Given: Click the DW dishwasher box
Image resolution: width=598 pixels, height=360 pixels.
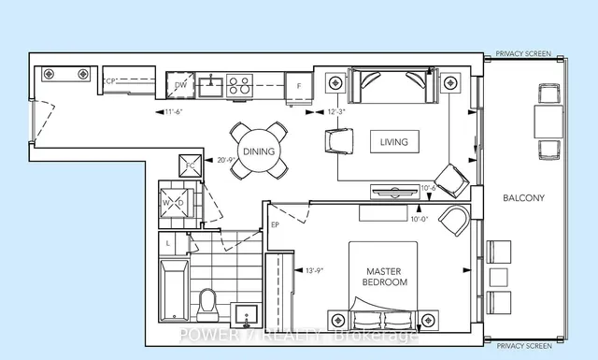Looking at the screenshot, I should click(x=181, y=86).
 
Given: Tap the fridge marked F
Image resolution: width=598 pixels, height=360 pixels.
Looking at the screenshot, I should click(x=299, y=86).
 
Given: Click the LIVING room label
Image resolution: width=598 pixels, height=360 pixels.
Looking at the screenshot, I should click(x=393, y=141).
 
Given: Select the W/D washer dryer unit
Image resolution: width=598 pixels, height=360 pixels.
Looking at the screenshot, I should click(x=175, y=202).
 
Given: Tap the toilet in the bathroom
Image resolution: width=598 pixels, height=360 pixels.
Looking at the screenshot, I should click(x=208, y=301).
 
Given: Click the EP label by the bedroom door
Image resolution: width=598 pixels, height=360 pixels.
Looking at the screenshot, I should click(x=276, y=224).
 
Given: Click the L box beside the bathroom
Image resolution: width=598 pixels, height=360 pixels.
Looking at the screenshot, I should click(x=168, y=243).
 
